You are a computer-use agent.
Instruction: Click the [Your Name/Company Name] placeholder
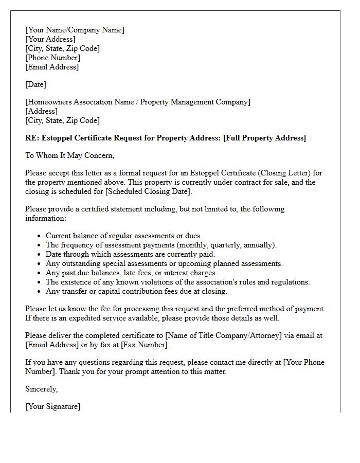75,30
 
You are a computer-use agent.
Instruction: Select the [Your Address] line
50,39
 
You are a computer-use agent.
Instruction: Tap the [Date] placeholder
35,84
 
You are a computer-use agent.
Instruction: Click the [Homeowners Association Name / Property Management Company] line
138,102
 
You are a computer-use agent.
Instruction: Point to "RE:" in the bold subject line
32,138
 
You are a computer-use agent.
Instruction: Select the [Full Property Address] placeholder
264,138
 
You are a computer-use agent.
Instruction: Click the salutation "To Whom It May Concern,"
69,155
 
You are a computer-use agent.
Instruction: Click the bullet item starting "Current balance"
123,236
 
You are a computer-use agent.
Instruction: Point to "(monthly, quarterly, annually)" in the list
225,245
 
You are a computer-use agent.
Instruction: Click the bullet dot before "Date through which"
40,255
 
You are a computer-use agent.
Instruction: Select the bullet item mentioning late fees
131,273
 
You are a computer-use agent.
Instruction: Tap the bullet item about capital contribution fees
136,291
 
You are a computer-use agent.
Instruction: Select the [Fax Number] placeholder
145,345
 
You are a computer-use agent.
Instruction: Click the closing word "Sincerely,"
41,389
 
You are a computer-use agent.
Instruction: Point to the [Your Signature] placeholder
52,406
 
